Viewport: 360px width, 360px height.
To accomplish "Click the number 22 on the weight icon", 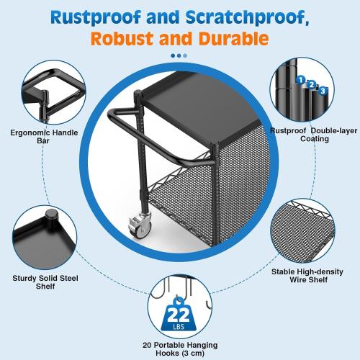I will pos(179,315).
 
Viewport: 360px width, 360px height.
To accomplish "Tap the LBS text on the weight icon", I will pos(179,328).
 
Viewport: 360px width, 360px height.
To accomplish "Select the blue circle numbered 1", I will pos(300,81).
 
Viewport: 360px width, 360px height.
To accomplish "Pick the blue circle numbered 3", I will pos(323,90).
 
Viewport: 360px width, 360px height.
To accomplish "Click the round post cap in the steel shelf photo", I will pos(51,215).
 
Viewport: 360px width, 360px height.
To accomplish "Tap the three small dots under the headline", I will pos(179,55).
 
